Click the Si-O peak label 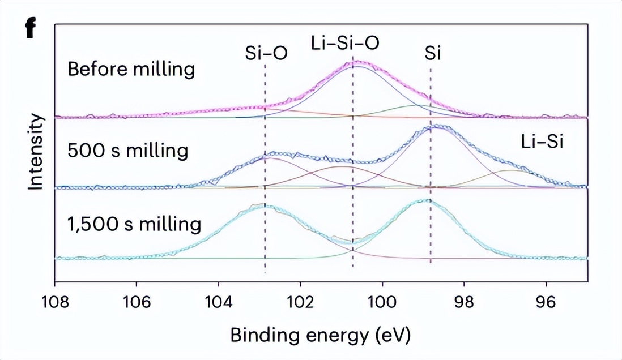click(266, 53)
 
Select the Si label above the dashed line click(433, 53)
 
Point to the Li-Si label click(542, 142)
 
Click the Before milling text click(131, 70)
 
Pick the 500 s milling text click(127, 151)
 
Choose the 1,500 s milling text click(134, 224)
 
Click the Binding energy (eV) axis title click(319, 335)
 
